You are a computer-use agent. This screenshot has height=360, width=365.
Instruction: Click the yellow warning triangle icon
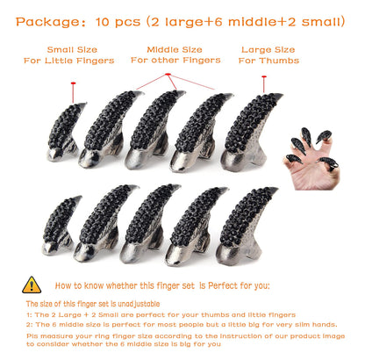(x=32, y=284)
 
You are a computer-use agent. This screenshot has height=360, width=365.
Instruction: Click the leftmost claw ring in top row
(x=63, y=132)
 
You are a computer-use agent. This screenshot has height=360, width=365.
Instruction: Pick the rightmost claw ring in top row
(x=253, y=131)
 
